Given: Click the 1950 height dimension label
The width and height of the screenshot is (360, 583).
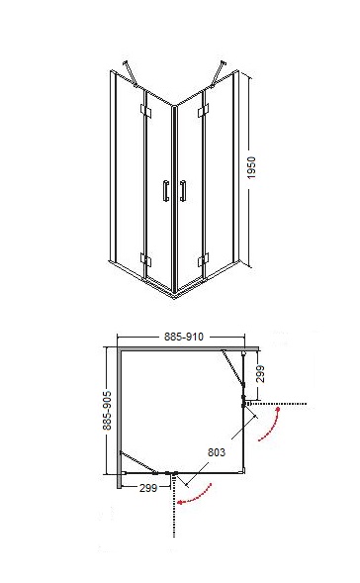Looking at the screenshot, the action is (251, 167).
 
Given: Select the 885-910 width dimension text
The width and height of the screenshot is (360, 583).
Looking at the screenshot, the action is (184, 337).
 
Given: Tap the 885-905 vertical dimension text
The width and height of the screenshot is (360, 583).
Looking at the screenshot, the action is (107, 410).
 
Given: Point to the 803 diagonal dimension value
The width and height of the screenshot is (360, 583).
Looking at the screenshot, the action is (217, 452).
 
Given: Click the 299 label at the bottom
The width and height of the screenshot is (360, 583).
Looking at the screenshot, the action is (148, 488).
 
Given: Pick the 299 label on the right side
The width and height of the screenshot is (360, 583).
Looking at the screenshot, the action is (260, 374).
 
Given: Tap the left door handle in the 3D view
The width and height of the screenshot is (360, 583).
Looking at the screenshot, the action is (166, 191).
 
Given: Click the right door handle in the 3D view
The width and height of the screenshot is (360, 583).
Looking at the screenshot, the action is (182, 191).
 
